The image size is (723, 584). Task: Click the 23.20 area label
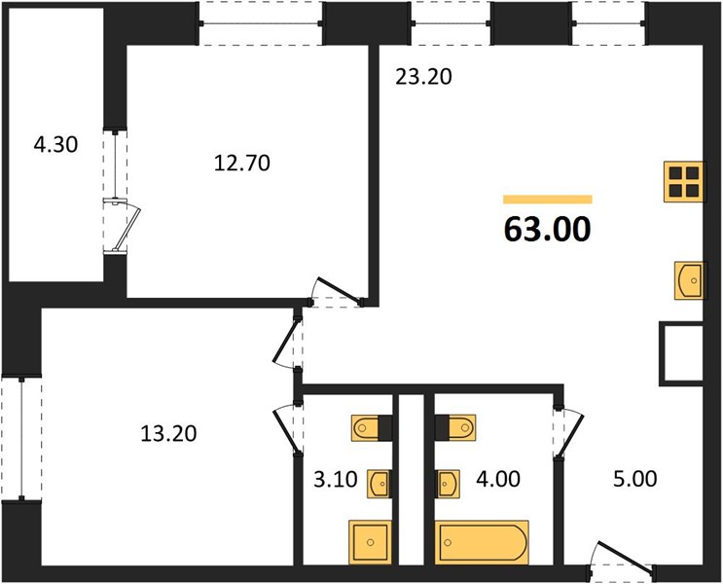(423, 77)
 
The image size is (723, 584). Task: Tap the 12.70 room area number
(242, 163)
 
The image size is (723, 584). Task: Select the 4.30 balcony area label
(55, 144)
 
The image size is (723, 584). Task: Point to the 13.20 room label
(168, 433)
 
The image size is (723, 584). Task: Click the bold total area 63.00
(547, 229)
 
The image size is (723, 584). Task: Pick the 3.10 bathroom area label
(336, 479)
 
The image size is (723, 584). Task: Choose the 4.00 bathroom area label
(498, 479)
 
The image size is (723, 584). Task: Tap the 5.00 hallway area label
(634, 479)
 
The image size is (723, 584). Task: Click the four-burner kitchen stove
(684, 182)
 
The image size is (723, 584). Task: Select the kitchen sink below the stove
(689, 280)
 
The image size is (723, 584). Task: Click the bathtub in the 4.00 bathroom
(482, 542)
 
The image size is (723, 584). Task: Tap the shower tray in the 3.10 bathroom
(371, 542)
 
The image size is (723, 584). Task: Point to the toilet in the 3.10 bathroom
(371, 428)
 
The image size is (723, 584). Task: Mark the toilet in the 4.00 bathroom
(455, 427)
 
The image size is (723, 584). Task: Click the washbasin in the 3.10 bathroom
(380, 484)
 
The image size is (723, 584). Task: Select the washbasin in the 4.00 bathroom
(448, 484)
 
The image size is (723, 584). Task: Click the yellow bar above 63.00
(547, 200)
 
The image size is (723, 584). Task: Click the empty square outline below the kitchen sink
(682, 354)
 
